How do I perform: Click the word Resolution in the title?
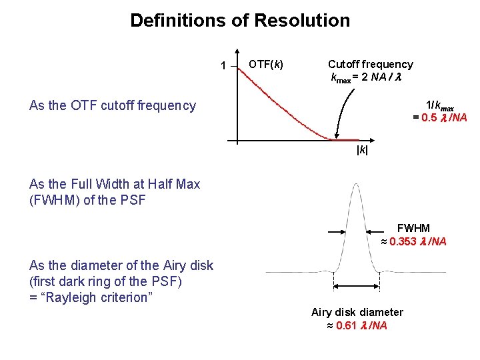302,21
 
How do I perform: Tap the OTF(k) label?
265,65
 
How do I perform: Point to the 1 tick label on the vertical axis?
223,65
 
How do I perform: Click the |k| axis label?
362,151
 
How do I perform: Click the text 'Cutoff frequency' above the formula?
370,64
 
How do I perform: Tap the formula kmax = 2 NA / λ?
365,78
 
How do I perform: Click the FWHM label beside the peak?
413,229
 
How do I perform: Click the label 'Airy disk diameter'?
357,312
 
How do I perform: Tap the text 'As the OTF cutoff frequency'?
113,105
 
